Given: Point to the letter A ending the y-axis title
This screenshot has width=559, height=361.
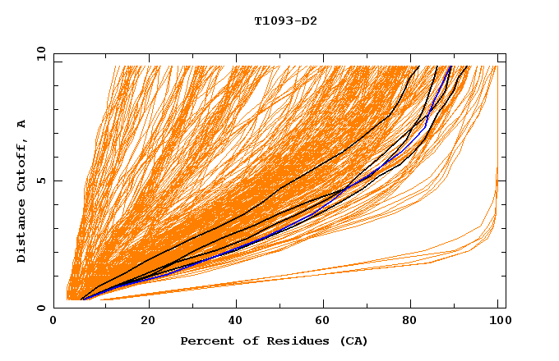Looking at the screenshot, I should pyautogui.click(x=21, y=124).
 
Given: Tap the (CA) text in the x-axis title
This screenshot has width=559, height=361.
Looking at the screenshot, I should pyautogui.click(x=352, y=340).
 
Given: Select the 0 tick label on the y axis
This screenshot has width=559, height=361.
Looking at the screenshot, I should pyautogui.click(x=42, y=308).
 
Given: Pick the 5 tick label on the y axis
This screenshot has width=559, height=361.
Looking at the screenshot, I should pyautogui.click(x=42, y=180).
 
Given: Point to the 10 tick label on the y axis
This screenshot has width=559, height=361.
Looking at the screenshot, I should pyautogui.click(x=39, y=53).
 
